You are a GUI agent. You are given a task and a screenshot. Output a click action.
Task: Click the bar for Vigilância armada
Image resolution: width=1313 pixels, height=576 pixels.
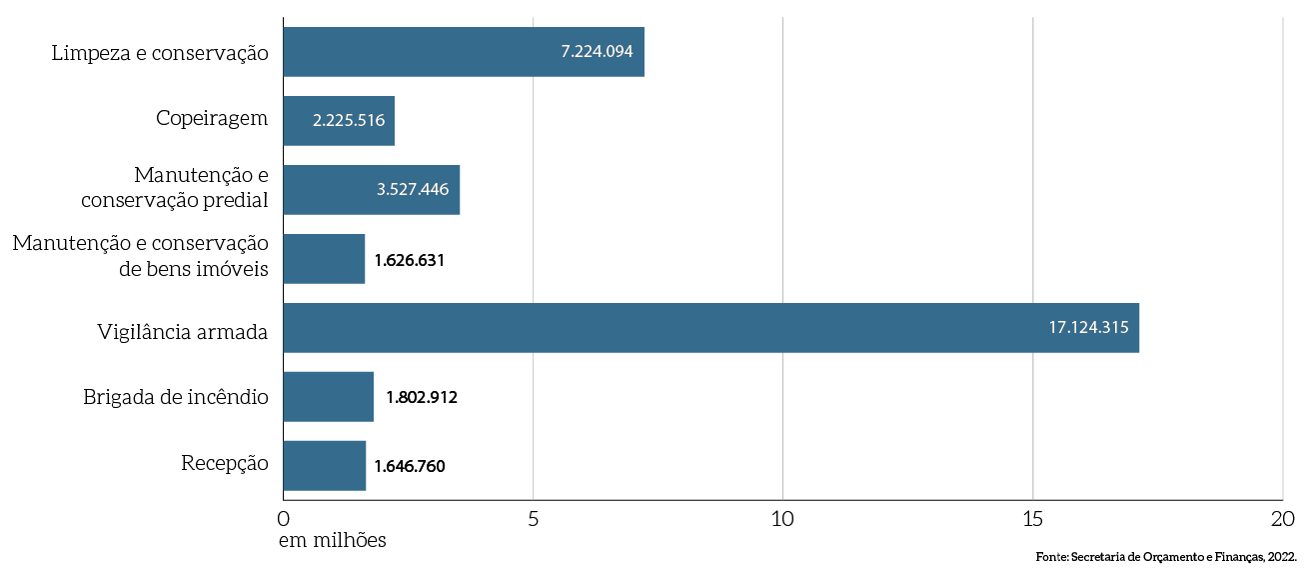pyautogui.click(x=709, y=328)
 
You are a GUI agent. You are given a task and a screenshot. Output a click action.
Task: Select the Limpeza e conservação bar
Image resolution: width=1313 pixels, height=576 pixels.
pyautogui.click(x=463, y=52)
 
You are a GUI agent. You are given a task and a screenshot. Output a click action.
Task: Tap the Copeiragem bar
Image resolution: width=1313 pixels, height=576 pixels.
pyautogui.click(x=338, y=121)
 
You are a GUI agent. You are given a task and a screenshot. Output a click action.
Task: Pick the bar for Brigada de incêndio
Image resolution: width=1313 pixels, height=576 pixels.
pyautogui.click(x=328, y=397)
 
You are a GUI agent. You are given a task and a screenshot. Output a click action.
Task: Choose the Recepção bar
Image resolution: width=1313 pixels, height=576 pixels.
pyautogui.click(x=324, y=466)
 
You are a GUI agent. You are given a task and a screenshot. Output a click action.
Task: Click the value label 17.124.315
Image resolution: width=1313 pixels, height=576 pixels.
pyautogui.click(x=1088, y=328)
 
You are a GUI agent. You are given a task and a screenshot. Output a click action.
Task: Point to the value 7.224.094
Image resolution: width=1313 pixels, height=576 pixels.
pyautogui.click(x=597, y=52)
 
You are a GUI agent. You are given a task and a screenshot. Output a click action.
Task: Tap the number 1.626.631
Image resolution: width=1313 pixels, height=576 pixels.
pyautogui.click(x=409, y=260)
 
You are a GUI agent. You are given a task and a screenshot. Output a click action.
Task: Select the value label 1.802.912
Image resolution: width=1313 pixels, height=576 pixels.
pyautogui.click(x=421, y=397)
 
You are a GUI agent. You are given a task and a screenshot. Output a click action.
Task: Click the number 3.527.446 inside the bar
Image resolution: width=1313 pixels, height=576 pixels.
pyautogui.click(x=413, y=190)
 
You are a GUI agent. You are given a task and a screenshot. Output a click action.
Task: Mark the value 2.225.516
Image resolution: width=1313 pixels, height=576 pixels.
pyautogui.click(x=348, y=121)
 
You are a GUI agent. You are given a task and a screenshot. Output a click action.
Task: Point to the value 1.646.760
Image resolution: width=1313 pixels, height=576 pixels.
pyautogui.click(x=409, y=466)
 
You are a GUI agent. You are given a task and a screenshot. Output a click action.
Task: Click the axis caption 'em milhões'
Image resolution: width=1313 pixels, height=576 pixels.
pyautogui.click(x=332, y=541)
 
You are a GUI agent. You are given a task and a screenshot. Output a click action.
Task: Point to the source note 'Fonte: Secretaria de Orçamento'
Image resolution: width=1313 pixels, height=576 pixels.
pyautogui.click(x=1165, y=557)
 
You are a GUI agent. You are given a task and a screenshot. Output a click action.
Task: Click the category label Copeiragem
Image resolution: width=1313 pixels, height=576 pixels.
pyautogui.click(x=212, y=118)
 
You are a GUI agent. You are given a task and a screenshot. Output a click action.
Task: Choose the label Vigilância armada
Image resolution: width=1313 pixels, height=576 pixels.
pyautogui.click(x=183, y=331)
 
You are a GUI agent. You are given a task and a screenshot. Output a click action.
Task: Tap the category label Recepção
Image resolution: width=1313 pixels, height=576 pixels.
pyautogui.click(x=225, y=463)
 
